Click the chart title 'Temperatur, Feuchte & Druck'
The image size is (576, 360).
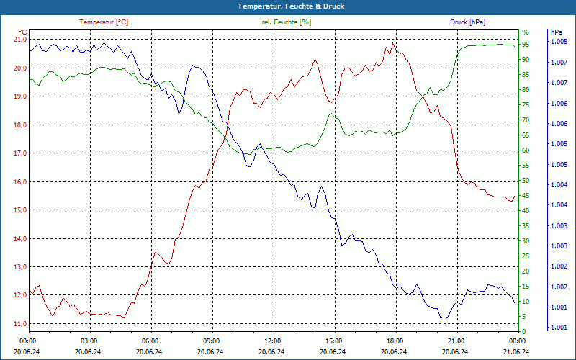(x=288, y=6)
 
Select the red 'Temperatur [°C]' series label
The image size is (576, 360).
(x=104, y=22)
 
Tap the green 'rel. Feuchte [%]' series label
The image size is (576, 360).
(x=287, y=22)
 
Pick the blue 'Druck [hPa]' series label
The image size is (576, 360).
(x=468, y=22)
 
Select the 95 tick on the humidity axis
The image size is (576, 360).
(x=526, y=44)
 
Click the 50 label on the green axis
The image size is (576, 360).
(x=526, y=181)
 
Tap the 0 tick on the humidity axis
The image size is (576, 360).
(x=524, y=332)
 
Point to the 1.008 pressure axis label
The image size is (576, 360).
(x=559, y=42)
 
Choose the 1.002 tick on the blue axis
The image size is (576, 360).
(x=559, y=287)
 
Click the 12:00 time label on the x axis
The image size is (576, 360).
(x=272, y=341)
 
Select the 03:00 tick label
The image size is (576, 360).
(x=89, y=341)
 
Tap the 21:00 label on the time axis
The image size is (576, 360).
(x=456, y=341)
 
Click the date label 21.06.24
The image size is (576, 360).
(x=516, y=351)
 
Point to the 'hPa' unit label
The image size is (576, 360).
(x=557, y=32)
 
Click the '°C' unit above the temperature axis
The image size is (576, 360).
(x=23, y=32)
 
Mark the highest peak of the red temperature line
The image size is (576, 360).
(x=392, y=43)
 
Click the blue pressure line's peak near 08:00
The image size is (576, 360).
(x=193, y=66)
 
